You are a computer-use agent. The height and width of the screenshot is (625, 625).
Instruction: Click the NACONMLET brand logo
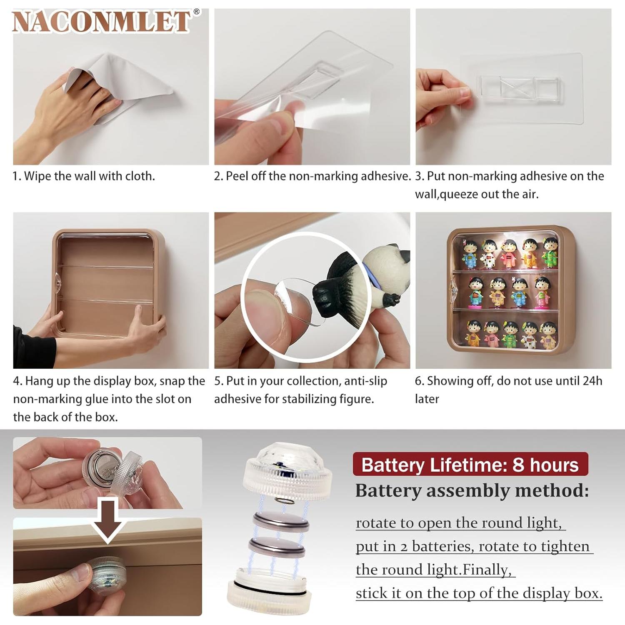102,22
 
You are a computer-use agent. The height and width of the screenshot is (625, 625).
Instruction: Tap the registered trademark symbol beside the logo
197,12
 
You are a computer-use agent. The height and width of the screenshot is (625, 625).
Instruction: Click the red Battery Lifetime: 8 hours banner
470,465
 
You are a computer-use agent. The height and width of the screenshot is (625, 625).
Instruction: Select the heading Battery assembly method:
472,491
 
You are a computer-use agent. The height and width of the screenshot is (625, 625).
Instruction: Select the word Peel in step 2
236,176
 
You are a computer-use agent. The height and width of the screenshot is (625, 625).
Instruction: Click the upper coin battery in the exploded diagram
282,522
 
